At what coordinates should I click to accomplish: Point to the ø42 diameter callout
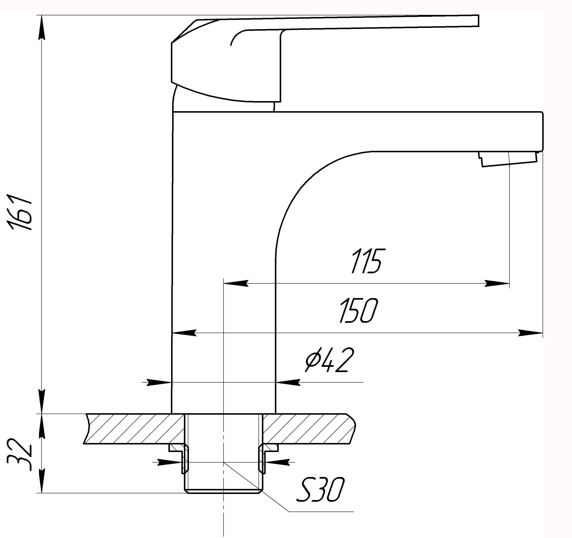pyautogui.click(x=329, y=360)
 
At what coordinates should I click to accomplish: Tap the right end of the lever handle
pyautogui.click(x=478, y=21)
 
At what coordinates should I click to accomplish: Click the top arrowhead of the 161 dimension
pyautogui.click(x=42, y=27)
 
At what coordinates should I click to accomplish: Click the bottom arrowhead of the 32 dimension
pyautogui.click(x=42, y=481)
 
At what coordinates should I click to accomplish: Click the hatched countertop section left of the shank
pyautogui.click(x=134, y=429)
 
